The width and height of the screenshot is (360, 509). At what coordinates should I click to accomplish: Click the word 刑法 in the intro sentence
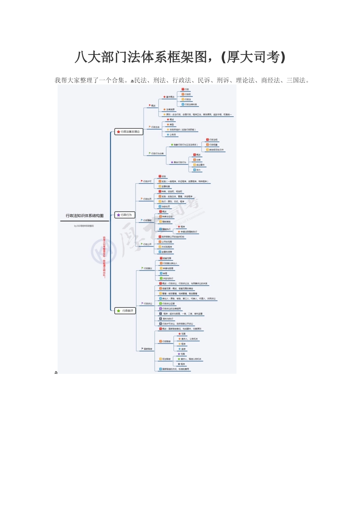[x=159, y=80]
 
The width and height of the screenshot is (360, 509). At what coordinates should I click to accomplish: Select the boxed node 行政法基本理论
[x=129, y=132]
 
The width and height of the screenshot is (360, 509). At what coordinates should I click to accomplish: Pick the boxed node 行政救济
[x=125, y=311]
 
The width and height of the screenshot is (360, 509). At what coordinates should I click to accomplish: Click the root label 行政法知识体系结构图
[x=85, y=216]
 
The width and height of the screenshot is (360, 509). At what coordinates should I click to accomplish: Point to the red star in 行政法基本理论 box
[x=118, y=132]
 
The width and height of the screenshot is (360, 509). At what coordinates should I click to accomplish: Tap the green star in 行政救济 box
[x=118, y=311]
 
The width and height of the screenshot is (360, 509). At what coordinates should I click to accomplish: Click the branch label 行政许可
[x=147, y=181]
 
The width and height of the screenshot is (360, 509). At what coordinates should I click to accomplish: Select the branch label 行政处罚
[x=147, y=199]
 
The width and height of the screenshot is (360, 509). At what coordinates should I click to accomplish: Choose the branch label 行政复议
[x=148, y=268]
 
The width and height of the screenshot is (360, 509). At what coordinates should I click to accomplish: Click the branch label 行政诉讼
[x=148, y=303]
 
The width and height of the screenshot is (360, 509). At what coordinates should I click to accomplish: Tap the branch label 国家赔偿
[x=148, y=349]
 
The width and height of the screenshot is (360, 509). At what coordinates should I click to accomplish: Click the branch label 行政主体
[x=155, y=127]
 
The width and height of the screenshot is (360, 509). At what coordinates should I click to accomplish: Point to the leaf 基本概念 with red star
[x=170, y=97]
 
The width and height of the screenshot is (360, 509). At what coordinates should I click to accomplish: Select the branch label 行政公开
[x=147, y=244]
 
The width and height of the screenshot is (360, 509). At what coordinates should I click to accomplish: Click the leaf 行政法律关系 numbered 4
[x=191, y=105]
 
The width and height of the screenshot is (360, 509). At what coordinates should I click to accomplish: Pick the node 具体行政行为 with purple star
[x=179, y=162]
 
